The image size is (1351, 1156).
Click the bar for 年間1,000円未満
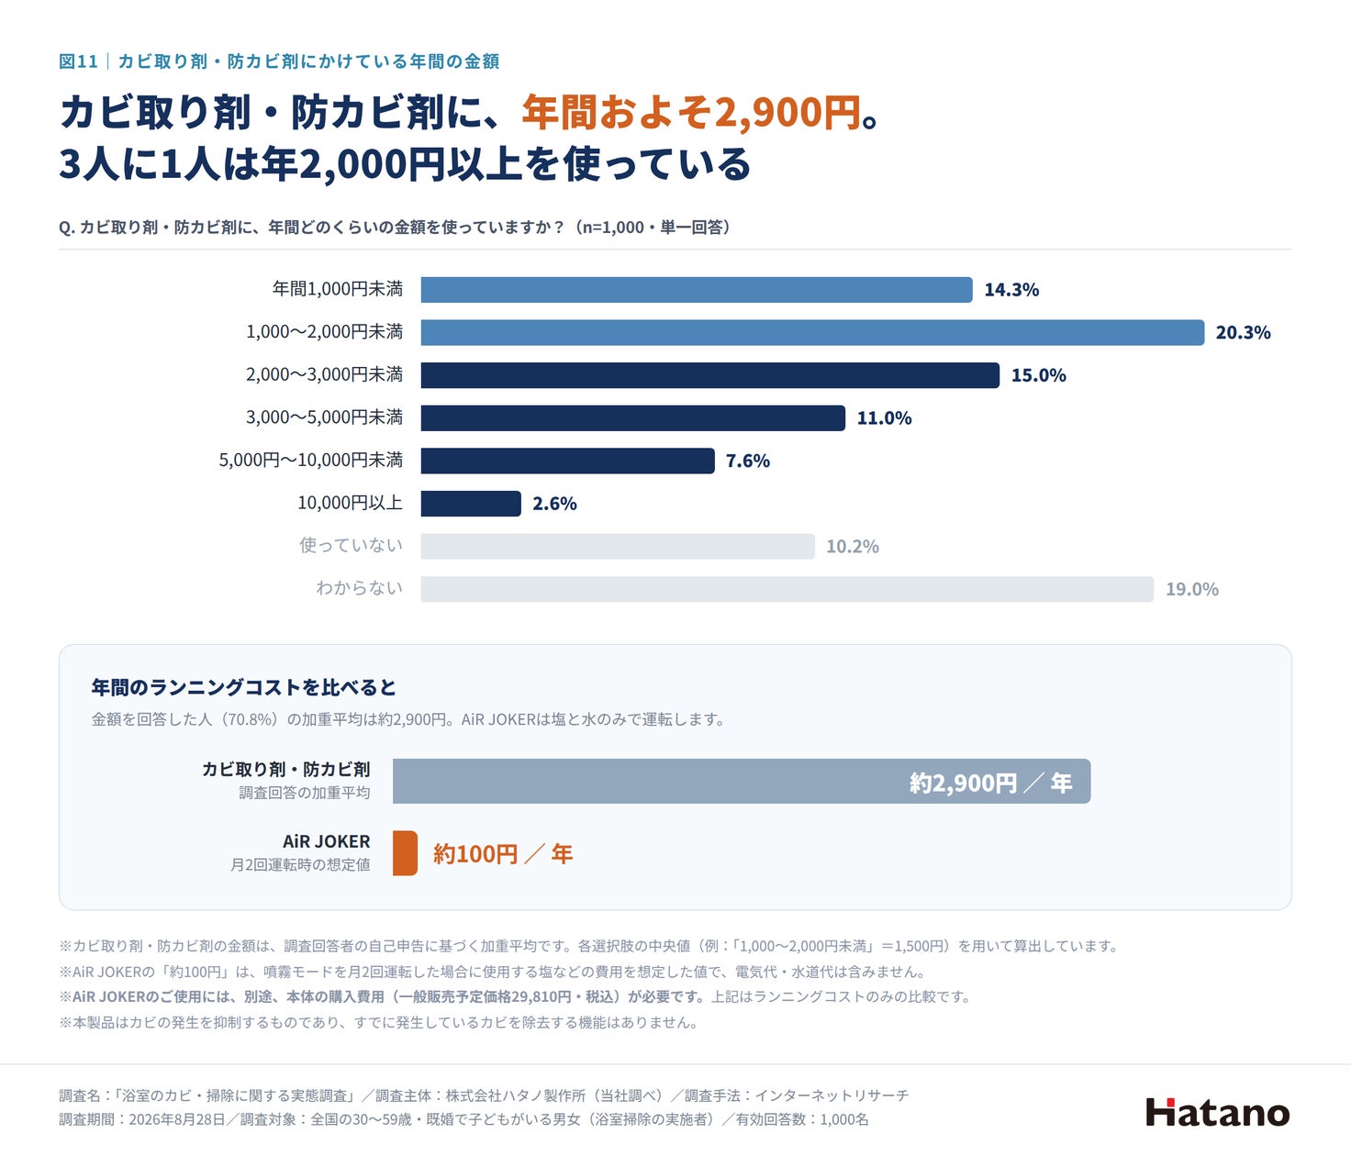696,290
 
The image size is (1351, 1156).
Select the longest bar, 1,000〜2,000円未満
812,332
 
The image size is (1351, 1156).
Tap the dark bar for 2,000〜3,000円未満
709,375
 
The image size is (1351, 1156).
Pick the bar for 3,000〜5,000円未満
632,417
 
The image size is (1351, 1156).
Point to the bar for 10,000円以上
471,503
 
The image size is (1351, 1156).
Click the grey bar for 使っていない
618,546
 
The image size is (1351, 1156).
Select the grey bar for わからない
787,589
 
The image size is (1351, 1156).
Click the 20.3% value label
1243,333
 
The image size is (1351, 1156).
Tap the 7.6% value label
748,461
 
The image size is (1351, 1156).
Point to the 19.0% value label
1192,589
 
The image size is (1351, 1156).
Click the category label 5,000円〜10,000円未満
310,460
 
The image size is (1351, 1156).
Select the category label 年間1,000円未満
337,289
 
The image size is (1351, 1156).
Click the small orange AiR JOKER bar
405,853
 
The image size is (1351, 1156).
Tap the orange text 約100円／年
503,853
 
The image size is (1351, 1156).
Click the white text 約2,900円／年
991,783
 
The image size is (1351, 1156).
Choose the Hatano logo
1218,1112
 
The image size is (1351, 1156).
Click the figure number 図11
78,61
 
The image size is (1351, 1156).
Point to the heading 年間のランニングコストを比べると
244,687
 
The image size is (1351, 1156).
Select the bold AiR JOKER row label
326,841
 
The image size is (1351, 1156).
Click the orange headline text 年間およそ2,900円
691,112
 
